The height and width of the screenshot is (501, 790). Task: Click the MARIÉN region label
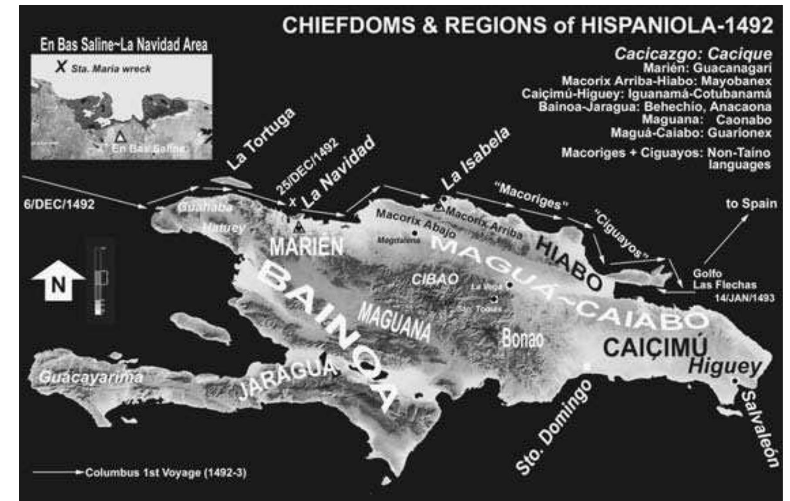[306, 247]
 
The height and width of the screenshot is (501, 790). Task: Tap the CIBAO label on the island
[435, 279]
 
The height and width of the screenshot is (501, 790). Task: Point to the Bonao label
[522, 339]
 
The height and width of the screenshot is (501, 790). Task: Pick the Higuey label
[724, 366]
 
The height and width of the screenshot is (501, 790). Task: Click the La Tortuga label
[261, 139]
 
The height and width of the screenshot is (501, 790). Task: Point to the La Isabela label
[475, 159]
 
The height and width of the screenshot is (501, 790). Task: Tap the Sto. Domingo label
[554, 427]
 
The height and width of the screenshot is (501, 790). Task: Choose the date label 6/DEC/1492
[59, 204]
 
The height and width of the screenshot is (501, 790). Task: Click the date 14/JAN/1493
[744, 298]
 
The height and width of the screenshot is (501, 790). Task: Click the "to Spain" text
[751, 203]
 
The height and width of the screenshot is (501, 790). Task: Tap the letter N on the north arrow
[58, 285]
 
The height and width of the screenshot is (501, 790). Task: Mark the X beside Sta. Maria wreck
[61, 67]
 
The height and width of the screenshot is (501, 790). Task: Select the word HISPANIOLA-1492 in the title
[677, 25]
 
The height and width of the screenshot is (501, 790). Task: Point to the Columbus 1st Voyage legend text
[165, 473]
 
